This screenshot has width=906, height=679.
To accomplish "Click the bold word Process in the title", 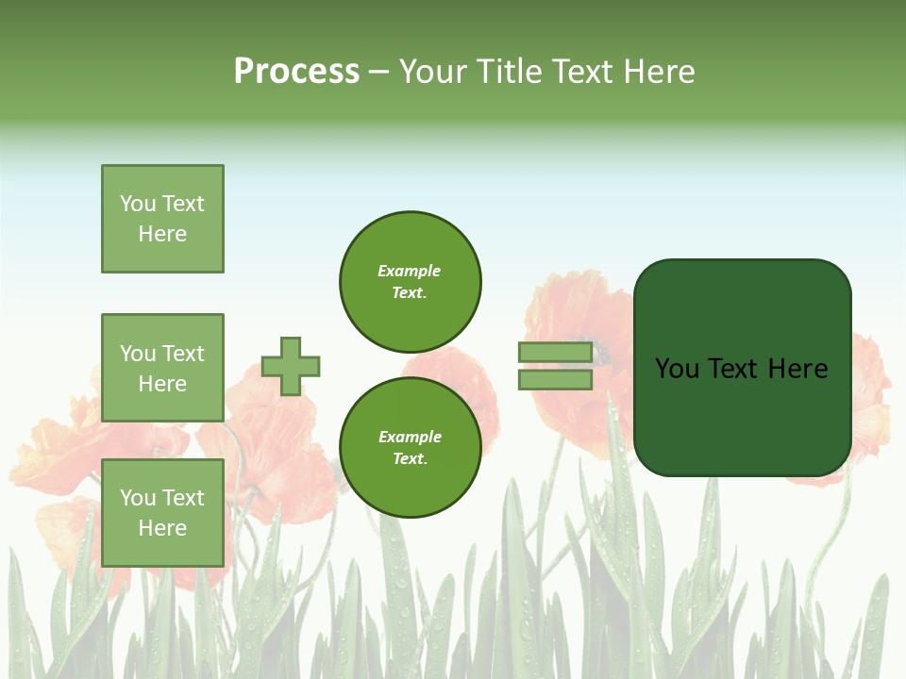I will click(x=296, y=72).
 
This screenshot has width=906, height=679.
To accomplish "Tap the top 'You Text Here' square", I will click(x=162, y=219).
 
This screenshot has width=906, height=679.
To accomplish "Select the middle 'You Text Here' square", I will click(x=162, y=368).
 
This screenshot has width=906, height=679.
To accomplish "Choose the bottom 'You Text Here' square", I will click(x=162, y=513).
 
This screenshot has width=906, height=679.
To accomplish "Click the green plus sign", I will click(x=291, y=366).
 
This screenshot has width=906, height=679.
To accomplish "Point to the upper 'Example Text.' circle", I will click(x=410, y=281).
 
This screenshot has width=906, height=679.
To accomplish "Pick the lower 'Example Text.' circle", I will click(x=410, y=447).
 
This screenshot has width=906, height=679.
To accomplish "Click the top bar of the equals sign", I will click(x=555, y=353).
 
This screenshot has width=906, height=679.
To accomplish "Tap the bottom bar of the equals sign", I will click(x=555, y=379).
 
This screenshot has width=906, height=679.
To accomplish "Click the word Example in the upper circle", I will click(x=410, y=271).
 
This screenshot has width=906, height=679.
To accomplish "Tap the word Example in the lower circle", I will click(x=410, y=437).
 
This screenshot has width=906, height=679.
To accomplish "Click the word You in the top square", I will click(x=138, y=204).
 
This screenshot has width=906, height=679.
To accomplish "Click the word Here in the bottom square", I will click(x=162, y=528).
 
